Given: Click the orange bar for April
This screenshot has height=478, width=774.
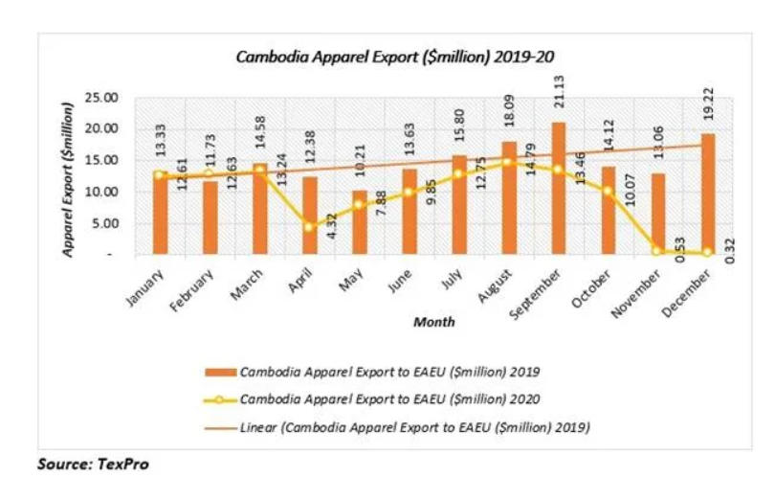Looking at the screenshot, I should [x=309, y=216].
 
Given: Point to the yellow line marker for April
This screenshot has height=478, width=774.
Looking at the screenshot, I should [x=309, y=227].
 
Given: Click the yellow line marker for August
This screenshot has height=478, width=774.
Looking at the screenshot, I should [x=508, y=163].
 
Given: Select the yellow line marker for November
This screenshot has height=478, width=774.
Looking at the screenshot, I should [x=658, y=251].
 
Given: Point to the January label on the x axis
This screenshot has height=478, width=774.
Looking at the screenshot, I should [x=145, y=285].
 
